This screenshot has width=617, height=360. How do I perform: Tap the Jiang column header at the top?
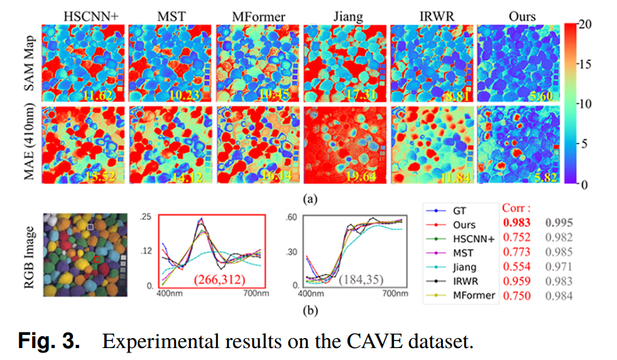(348, 14)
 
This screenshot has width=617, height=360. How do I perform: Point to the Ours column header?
(521, 14)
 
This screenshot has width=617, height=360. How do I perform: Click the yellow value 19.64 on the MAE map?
(361, 177)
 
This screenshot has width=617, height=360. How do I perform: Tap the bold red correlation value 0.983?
(516, 222)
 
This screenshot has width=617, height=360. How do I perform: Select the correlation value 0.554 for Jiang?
(516, 266)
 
